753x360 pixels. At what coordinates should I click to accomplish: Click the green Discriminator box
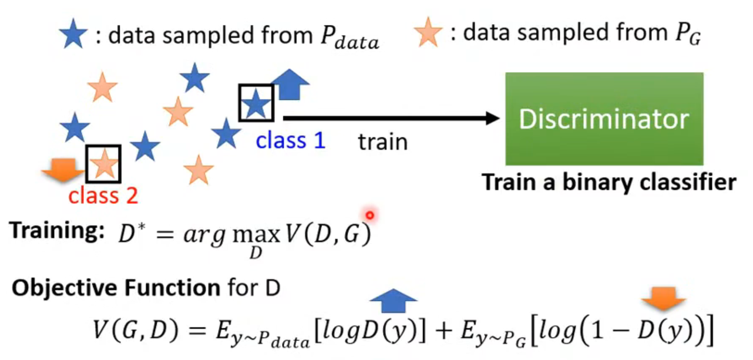click(x=604, y=119)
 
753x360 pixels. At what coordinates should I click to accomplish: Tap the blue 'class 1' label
click(x=291, y=140)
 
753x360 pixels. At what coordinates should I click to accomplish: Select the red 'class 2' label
click(x=103, y=196)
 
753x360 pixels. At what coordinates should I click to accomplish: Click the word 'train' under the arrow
click(x=383, y=142)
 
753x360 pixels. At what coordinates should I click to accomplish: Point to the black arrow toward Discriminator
click(x=391, y=118)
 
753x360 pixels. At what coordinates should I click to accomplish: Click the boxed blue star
click(x=256, y=103)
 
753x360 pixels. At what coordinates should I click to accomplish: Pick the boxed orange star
click(x=103, y=164)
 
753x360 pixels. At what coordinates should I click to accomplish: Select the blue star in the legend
click(x=73, y=34)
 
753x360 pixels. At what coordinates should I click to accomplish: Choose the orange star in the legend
click(x=428, y=32)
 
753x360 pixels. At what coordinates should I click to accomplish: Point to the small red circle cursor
click(x=370, y=215)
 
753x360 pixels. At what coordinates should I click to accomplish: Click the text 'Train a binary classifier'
click(x=609, y=183)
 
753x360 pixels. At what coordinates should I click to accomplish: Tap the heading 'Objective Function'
click(x=116, y=288)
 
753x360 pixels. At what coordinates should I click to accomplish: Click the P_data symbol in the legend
click(x=349, y=38)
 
